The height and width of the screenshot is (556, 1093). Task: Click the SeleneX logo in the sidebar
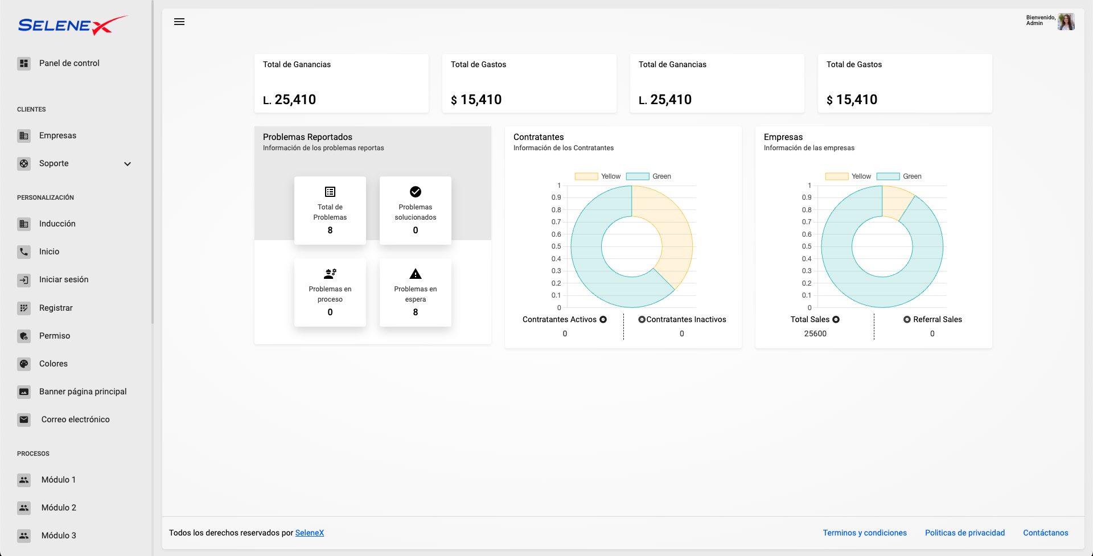click(x=72, y=25)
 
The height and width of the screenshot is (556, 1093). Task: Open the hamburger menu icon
click(x=179, y=22)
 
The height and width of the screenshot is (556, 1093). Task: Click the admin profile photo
click(x=1066, y=22)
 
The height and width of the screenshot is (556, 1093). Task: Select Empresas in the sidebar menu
click(x=57, y=135)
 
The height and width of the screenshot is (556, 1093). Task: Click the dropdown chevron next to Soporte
click(x=128, y=164)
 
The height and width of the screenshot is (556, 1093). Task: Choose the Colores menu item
click(x=53, y=364)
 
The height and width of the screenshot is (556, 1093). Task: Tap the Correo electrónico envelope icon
click(x=24, y=419)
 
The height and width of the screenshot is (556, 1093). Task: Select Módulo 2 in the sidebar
click(x=58, y=508)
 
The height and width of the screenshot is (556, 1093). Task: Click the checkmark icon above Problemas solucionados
click(x=416, y=192)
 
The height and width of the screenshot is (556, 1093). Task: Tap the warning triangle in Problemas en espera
click(x=416, y=274)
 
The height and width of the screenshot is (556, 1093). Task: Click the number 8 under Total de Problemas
click(x=330, y=230)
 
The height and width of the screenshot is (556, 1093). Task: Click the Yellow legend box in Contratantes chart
click(x=586, y=176)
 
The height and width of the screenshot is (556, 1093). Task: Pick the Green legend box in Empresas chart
click(x=888, y=176)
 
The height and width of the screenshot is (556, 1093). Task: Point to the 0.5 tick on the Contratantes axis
click(x=556, y=246)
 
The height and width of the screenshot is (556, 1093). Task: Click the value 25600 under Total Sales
click(x=815, y=333)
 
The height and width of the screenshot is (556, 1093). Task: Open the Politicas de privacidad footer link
click(x=964, y=533)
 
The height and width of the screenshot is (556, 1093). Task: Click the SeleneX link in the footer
click(x=309, y=533)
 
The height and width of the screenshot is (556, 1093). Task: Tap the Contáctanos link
click(x=1045, y=533)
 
